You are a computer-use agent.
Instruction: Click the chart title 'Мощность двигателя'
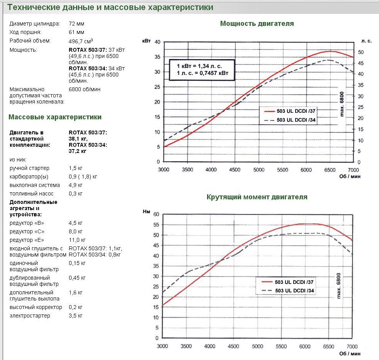(x=257, y=24)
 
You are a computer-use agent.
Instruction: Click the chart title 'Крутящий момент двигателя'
(x=257, y=197)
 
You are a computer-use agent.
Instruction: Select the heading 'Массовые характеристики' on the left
(x=55, y=117)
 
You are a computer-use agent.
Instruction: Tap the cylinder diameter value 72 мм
(x=76, y=24)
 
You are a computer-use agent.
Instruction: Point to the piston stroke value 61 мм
(x=76, y=32)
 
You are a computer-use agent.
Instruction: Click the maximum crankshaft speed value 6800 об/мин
(x=84, y=89)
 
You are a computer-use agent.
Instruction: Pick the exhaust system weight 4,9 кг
(x=75, y=185)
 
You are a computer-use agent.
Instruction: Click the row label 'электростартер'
(x=30, y=316)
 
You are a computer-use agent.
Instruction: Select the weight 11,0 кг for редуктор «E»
(x=77, y=240)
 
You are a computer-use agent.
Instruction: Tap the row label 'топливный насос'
(x=32, y=194)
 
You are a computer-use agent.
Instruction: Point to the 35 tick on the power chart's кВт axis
(x=157, y=57)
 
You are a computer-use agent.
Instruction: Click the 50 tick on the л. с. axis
(x=360, y=52)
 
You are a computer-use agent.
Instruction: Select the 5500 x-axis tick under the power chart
(x=282, y=170)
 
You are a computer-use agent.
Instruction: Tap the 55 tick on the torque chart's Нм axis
(x=156, y=225)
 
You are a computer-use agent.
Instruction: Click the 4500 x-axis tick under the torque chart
(x=233, y=346)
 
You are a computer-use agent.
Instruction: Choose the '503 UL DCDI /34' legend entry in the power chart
(x=290, y=120)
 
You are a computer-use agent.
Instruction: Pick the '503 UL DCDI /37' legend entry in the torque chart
(x=287, y=282)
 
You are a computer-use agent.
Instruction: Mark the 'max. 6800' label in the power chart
(x=342, y=104)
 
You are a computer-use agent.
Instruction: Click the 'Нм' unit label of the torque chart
(x=146, y=212)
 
